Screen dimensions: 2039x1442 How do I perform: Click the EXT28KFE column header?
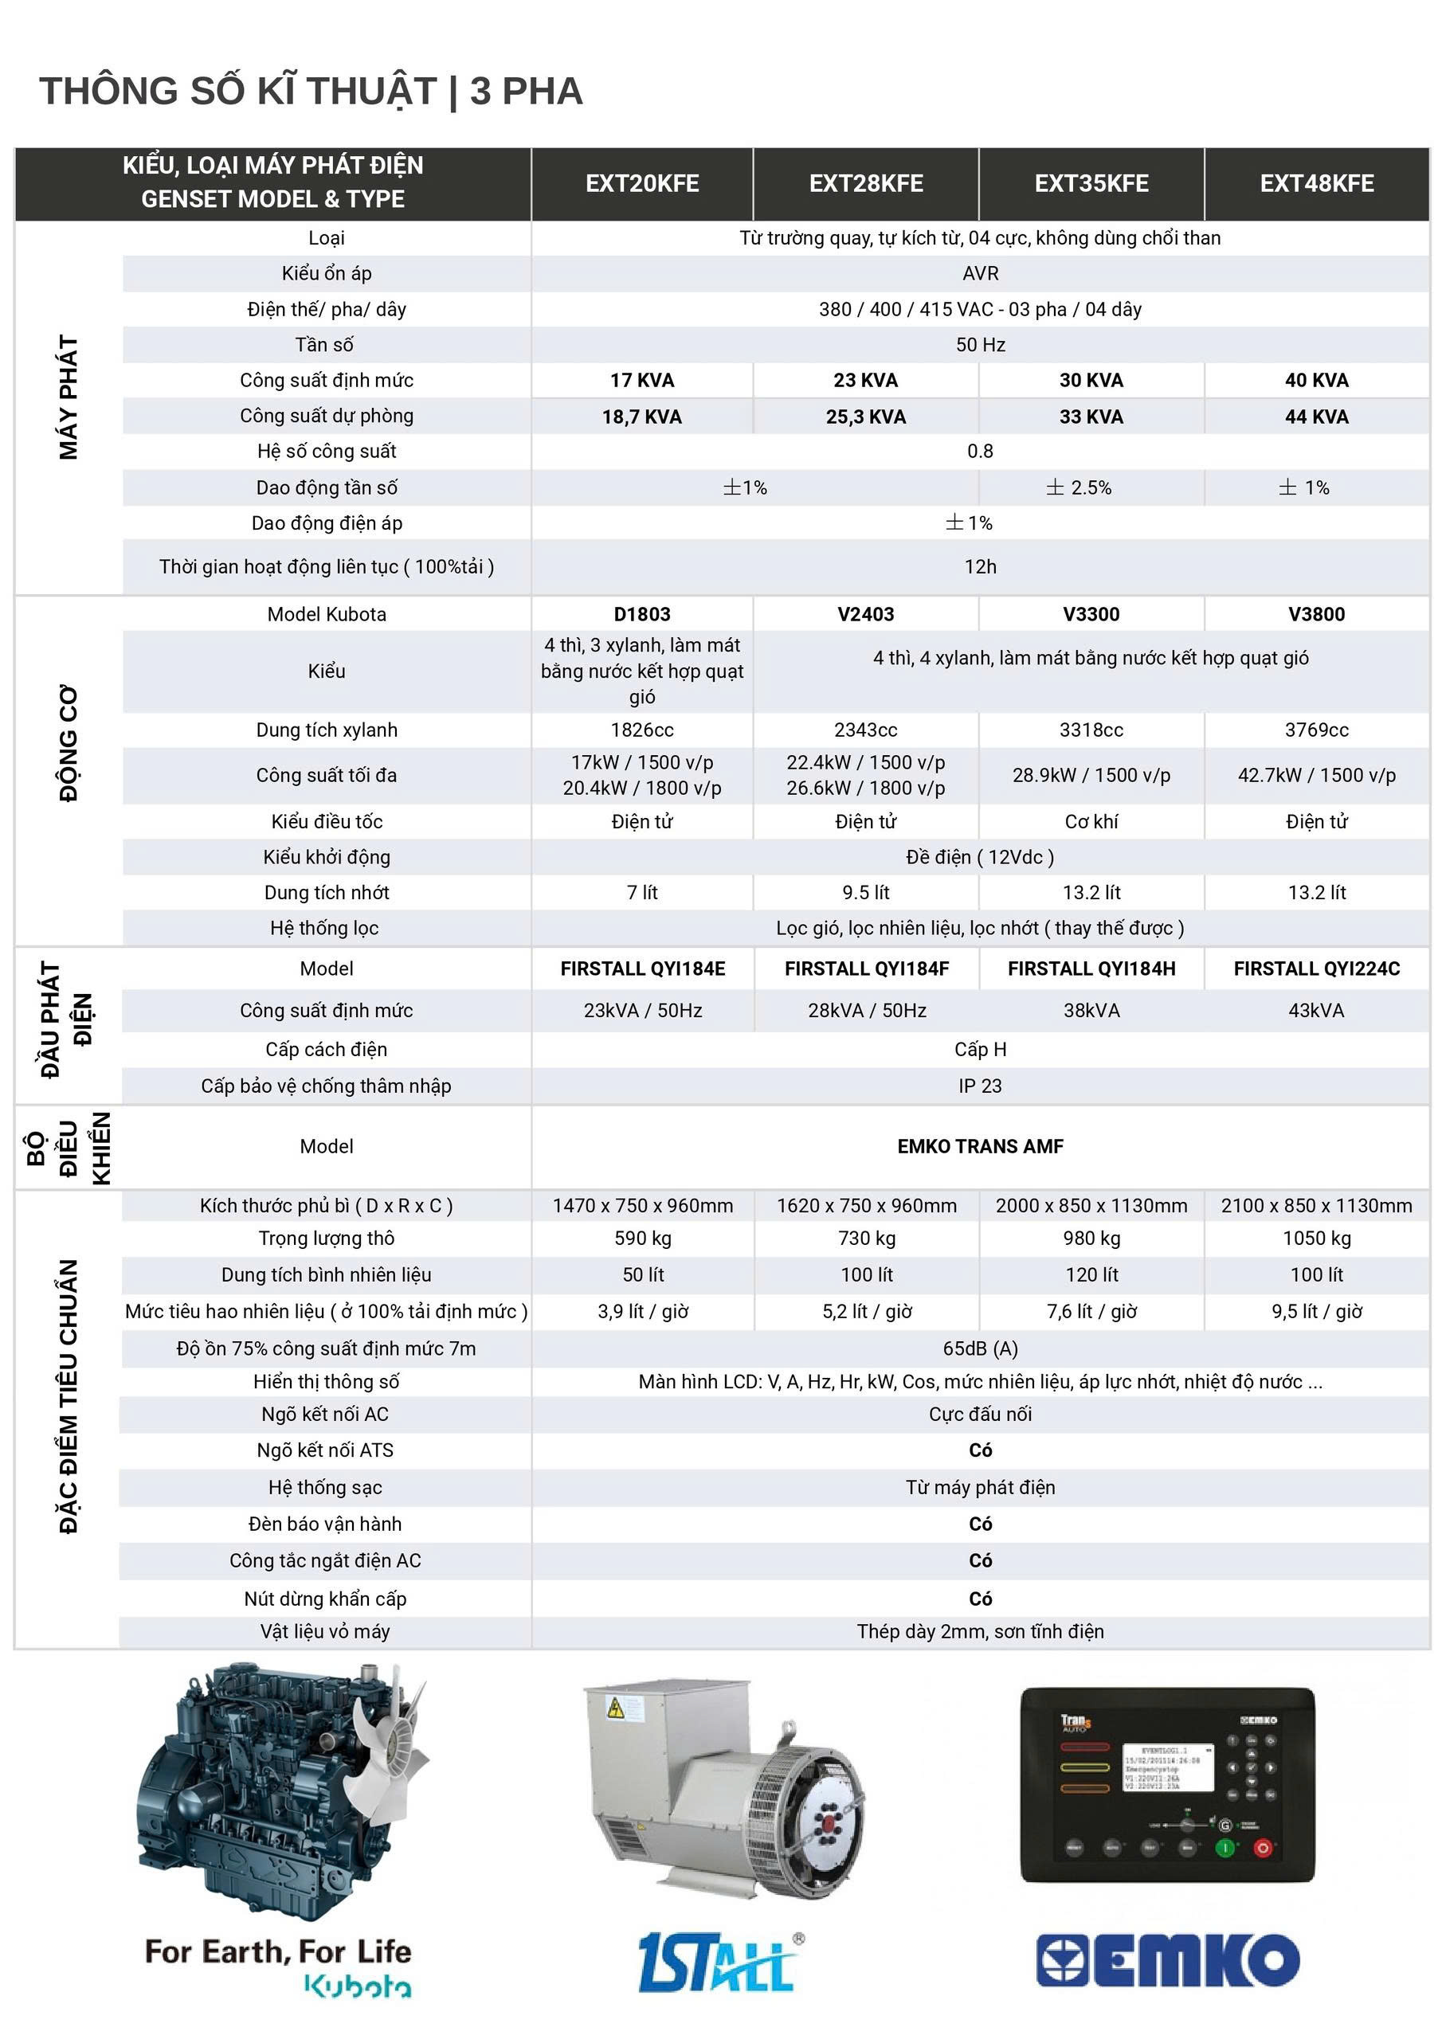click(865, 184)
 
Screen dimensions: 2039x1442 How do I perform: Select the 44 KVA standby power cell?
click(1316, 417)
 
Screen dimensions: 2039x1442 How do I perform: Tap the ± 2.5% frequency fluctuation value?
click(1079, 487)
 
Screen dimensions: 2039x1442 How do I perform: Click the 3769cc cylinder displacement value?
click(1316, 730)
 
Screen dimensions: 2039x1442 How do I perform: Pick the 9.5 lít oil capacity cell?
click(865, 893)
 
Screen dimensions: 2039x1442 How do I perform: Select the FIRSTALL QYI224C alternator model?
click(1316, 969)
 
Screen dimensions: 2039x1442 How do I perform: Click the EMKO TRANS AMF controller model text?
click(980, 1146)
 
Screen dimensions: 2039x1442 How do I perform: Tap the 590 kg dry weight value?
click(642, 1238)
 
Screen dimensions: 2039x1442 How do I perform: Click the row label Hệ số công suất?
click(326, 451)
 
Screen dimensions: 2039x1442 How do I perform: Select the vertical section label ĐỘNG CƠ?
click(69, 743)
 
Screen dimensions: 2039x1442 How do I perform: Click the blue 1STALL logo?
click(716, 1961)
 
